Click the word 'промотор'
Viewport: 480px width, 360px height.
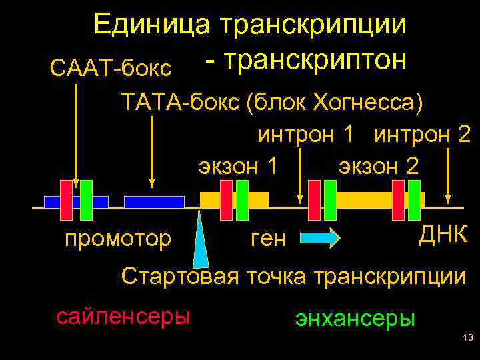[x=117, y=238]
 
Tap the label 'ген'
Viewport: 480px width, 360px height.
[x=268, y=239]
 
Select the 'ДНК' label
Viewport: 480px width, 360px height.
[x=443, y=234]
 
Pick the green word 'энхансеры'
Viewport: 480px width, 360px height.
[x=355, y=318]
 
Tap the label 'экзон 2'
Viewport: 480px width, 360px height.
[x=379, y=165]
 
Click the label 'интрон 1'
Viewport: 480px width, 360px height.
[x=305, y=134]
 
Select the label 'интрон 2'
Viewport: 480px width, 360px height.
[x=422, y=134]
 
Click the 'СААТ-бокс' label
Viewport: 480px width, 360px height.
[x=111, y=67]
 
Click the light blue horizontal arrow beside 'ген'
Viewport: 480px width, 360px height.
[x=320, y=238]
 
